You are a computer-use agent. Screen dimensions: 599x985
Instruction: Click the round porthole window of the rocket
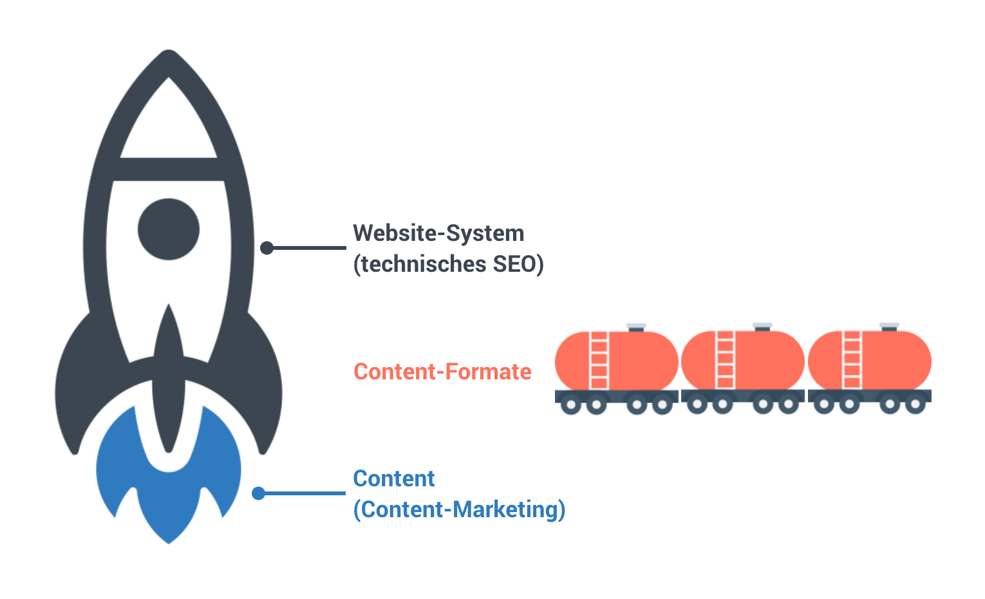point(169,229)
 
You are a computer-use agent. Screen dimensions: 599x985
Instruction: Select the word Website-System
point(438,233)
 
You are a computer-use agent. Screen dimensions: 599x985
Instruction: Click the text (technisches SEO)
point(448,264)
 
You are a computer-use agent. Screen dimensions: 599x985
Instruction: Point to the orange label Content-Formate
point(442,372)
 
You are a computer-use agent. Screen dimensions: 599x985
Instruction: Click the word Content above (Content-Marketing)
point(394,479)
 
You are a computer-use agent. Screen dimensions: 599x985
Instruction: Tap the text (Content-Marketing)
point(459,509)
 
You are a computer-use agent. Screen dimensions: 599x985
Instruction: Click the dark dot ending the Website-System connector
point(267,247)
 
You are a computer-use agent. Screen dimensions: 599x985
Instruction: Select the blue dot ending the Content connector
point(259,493)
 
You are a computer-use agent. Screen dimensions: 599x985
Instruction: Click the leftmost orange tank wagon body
point(637,361)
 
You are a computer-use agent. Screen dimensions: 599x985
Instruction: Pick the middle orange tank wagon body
point(764,361)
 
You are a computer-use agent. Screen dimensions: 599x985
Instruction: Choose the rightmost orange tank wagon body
point(891,361)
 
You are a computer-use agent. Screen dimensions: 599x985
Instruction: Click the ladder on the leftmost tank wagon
point(599,361)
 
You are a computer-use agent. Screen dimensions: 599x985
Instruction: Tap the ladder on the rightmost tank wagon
point(852,361)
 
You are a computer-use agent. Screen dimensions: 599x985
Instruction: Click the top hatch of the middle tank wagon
point(762,327)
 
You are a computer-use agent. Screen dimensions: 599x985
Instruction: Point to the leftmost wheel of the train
point(571,405)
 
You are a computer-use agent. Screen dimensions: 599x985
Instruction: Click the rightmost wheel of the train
point(915,405)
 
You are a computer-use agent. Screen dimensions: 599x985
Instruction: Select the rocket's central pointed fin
point(169,380)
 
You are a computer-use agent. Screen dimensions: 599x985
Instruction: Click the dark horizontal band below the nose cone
point(169,169)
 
